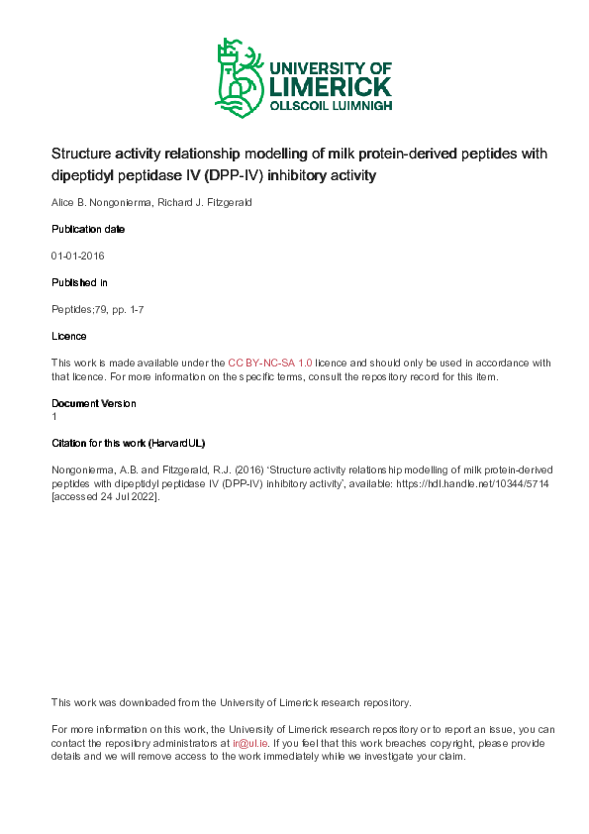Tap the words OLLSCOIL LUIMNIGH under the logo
(x=332, y=105)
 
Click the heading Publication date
(x=88, y=229)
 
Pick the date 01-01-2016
(x=78, y=256)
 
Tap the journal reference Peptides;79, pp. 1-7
(x=99, y=309)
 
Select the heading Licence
(x=68, y=336)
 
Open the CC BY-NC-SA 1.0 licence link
(x=270, y=363)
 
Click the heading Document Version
(x=93, y=403)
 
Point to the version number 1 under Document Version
(x=54, y=416)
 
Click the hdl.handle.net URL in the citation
(x=456, y=482)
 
